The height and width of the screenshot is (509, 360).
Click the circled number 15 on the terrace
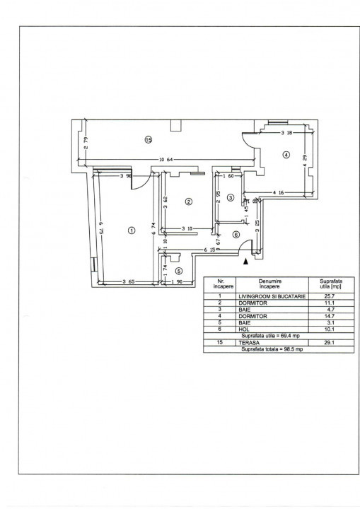(x=148, y=139)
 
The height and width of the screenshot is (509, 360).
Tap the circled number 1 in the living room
(x=131, y=230)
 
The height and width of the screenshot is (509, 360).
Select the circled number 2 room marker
(x=188, y=201)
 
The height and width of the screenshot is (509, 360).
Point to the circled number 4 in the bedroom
(x=286, y=155)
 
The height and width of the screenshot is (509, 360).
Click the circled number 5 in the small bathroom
(x=179, y=270)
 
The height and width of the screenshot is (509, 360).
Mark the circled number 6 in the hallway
(x=236, y=235)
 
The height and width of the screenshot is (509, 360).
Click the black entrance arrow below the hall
(x=245, y=262)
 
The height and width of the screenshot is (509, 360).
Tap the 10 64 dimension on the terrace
(x=167, y=158)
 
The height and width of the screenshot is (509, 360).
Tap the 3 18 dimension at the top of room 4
(x=286, y=132)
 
